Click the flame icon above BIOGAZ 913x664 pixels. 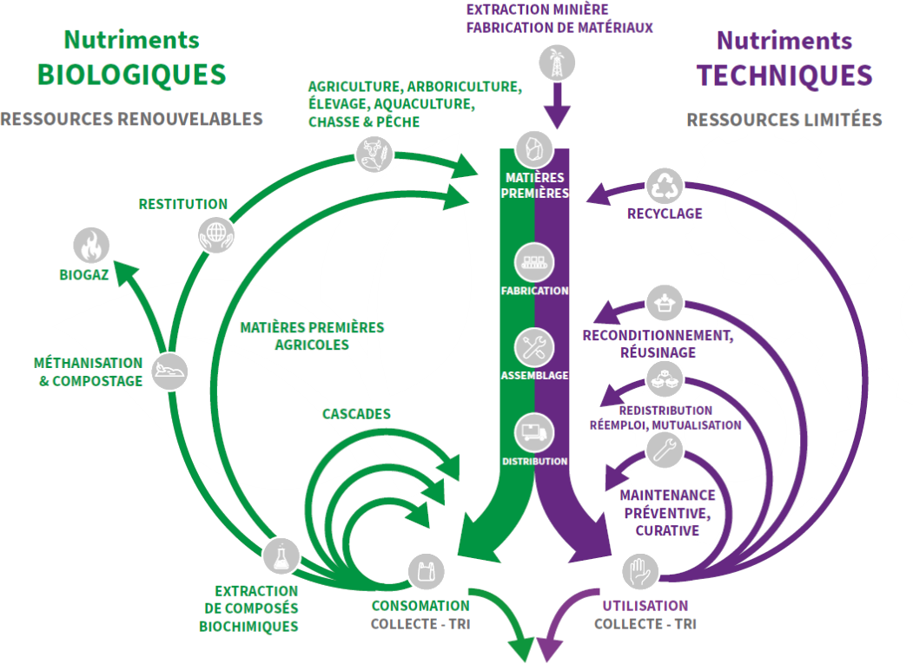point(90,247)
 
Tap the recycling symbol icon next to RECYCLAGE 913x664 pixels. point(664,185)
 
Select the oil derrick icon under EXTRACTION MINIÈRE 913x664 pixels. point(555,63)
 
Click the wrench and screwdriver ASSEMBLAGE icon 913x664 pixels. point(533,347)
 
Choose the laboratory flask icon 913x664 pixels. point(281,556)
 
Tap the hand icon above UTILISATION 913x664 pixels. point(641,572)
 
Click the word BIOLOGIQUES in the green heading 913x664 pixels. point(131,75)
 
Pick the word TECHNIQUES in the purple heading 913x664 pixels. point(784,76)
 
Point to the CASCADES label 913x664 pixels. point(356,414)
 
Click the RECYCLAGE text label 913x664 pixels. point(665,214)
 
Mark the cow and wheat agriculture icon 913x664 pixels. point(374,154)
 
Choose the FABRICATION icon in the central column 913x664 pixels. point(533,261)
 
